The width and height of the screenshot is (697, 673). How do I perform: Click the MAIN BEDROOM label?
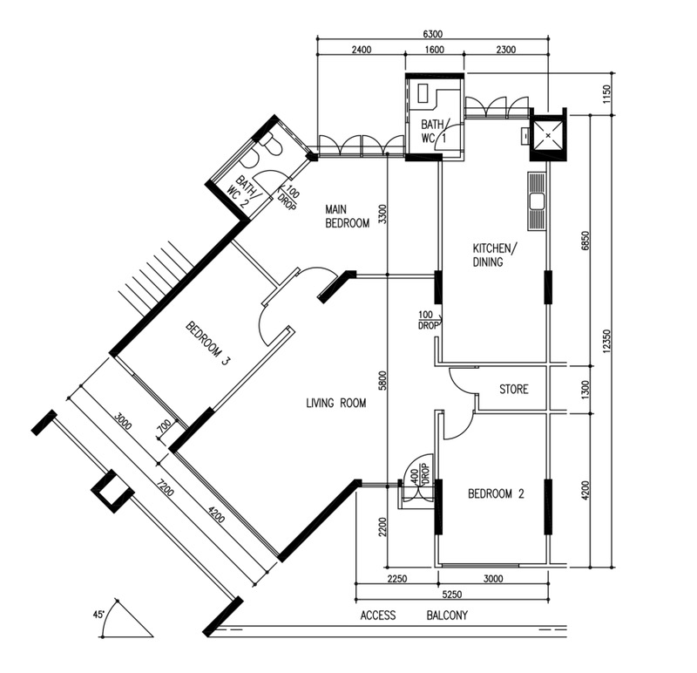(x=347, y=216)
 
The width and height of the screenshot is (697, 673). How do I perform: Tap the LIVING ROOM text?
(x=336, y=404)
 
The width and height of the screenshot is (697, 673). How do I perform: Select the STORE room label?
(x=514, y=390)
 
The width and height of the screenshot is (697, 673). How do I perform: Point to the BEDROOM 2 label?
(x=496, y=493)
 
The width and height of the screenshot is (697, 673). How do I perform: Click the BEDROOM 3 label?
(x=208, y=343)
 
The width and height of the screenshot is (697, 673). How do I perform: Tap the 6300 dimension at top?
(x=432, y=34)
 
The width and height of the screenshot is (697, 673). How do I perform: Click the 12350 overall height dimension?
(x=607, y=342)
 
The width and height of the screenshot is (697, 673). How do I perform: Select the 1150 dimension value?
(x=607, y=93)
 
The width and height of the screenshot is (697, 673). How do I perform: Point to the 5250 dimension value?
(x=451, y=595)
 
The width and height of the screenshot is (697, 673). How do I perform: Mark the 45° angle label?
(x=98, y=615)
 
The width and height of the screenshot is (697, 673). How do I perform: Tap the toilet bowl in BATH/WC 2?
(x=270, y=143)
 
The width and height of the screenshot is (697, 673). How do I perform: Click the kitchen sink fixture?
(x=537, y=201)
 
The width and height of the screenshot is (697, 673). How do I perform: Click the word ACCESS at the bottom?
(x=378, y=615)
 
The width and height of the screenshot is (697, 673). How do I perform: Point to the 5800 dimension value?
(x=382, y=380)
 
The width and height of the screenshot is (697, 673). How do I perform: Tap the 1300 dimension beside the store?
(x=585, y=390)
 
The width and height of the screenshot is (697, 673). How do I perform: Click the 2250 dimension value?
(x=397, y=579)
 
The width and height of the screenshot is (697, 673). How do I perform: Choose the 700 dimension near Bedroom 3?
(x=164, y=427)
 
